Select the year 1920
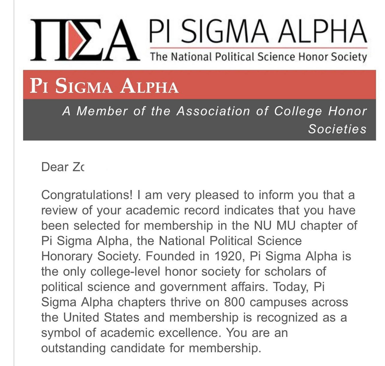pyautogui.click(x=228, y=256)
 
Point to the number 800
pyautogui.click(x=234, y=302)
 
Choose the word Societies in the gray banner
pyautogui.click(x=337, y=129)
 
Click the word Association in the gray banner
pyautogui.click(x=213, y=111)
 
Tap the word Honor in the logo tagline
pyautogui.click(x=313, y=57)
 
